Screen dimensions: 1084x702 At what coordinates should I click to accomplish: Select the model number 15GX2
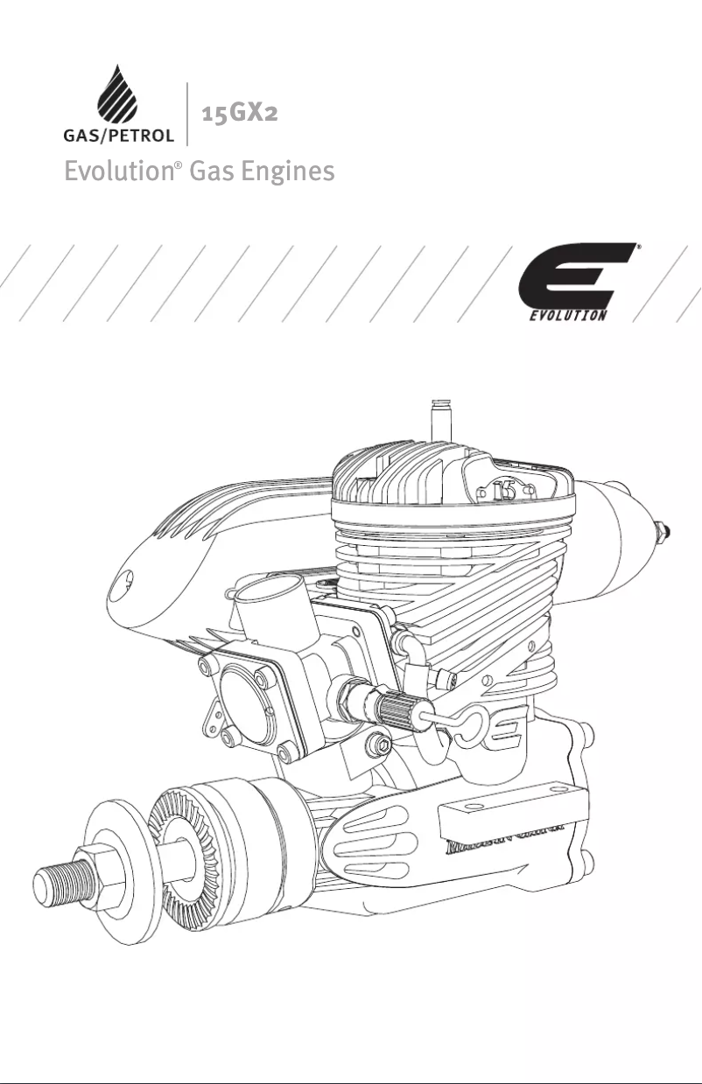(x=240, y=113)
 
